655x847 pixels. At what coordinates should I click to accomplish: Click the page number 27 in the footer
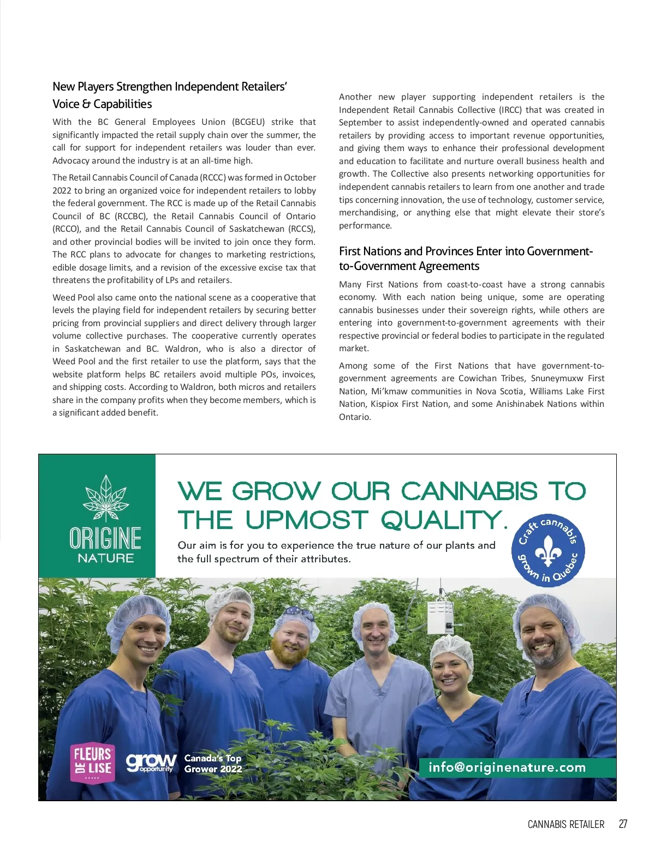[623, 824]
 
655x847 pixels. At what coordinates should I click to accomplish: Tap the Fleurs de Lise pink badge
[92, 762]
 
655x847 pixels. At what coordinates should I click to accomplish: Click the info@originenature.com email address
[507, 767]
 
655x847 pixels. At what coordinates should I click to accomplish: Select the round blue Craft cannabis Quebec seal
[548, 550]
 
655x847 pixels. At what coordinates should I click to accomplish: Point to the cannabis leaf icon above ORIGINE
[105, 498]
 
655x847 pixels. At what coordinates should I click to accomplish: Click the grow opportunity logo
[151, 762]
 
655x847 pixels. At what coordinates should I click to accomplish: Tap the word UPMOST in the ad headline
[307, 520]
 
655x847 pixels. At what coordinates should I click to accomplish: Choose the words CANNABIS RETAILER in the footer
[565, 824]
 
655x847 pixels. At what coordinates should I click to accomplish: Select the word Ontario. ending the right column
[355, 417]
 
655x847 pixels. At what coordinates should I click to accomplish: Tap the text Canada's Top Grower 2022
[213, 764]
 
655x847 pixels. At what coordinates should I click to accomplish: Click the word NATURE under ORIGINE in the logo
[105, 558]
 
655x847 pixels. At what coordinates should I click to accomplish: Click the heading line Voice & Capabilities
[102, 104]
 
